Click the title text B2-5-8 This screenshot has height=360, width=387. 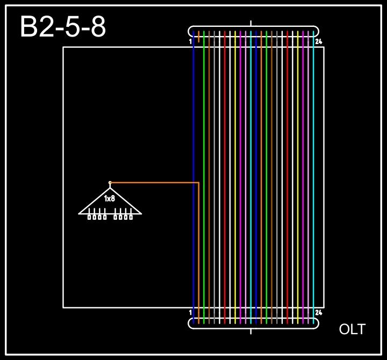(x=62, y=27)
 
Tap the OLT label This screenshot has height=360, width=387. (x=352, y=329)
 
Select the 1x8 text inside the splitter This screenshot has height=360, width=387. (x=110, y=199)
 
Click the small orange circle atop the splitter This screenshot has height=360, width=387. (x=110, y=183)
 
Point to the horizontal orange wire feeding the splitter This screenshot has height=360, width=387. (x=156, y=183)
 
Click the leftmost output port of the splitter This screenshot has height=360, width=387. (x=90, y=217)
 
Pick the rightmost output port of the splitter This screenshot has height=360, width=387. (x=131, y=217)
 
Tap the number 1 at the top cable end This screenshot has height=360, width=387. (x=191, y=41)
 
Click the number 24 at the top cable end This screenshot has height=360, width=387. (x=319, y=41)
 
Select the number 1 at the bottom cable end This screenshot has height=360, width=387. (x=191, y=312)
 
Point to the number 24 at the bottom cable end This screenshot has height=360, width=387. (x=319, y=312)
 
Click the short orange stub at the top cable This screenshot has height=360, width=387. (x=199, y=37)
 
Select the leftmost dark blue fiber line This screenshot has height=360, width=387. (x=193, y=161)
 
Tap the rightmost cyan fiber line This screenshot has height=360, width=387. (x=313, y=161)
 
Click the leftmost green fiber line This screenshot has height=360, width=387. (x=204, y=161)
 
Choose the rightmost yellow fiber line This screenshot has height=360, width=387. (x=298, y=161)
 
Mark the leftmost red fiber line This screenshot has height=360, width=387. (x=225, y=161)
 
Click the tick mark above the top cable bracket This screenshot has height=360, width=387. (x=251, y=23)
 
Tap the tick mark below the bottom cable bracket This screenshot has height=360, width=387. (x=251, y=331)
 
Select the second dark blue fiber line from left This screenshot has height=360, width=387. (x=256, y=161)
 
